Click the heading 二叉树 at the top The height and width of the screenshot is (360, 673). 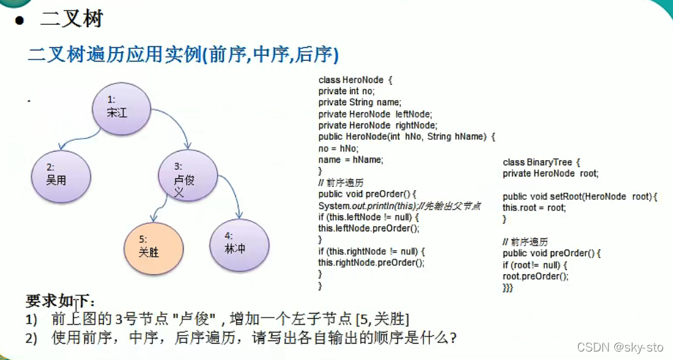pos(71,20)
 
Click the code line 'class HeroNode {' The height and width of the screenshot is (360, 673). pos(355,80)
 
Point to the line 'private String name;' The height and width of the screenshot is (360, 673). pos(360,103)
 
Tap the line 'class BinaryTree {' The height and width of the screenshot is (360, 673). pos(542,161)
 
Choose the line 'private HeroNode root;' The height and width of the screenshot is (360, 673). pos(551,173)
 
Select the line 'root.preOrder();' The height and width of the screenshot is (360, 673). pos(536,276)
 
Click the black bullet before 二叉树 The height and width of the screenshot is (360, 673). pos(20,20)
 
